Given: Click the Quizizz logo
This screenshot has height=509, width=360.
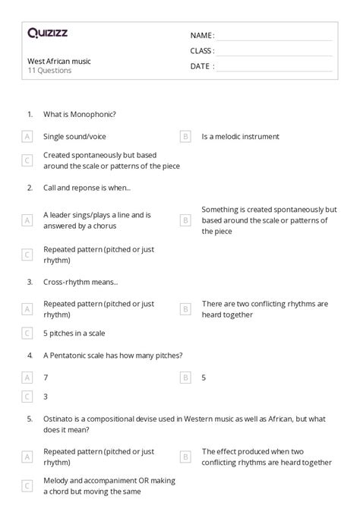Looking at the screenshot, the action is pos(48,33).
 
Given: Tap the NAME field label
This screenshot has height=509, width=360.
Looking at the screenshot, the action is pos(201,35).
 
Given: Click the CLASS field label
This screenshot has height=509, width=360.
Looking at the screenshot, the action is pos(202,51).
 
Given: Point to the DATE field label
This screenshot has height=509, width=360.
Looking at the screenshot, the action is pos(201,66).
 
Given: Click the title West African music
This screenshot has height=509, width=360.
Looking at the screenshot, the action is pos(58,60).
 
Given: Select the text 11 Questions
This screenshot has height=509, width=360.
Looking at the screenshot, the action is pos(49,71).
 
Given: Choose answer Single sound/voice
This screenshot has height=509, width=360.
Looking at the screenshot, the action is pos(74,137).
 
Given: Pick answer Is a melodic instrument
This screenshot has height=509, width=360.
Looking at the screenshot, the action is pos(240,137).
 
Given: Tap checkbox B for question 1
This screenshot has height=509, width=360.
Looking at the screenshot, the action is pos(185,137).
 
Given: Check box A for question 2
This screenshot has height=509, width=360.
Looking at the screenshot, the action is pos(27,220).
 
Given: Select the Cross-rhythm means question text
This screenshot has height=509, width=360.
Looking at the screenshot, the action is pos(81,281).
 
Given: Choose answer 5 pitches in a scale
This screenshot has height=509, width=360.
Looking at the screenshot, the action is pos(74,333).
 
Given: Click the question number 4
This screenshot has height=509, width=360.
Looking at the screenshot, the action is pos(30,355).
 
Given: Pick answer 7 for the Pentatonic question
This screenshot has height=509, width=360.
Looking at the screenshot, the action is pos(46,377).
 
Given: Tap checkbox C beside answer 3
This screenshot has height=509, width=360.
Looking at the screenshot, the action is pos(27,396).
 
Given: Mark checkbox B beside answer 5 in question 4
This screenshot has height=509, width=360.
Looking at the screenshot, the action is pos(185,377).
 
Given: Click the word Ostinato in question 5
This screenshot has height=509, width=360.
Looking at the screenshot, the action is pos(58,418).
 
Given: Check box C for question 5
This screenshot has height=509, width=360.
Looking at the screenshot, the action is pos(27,486).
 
